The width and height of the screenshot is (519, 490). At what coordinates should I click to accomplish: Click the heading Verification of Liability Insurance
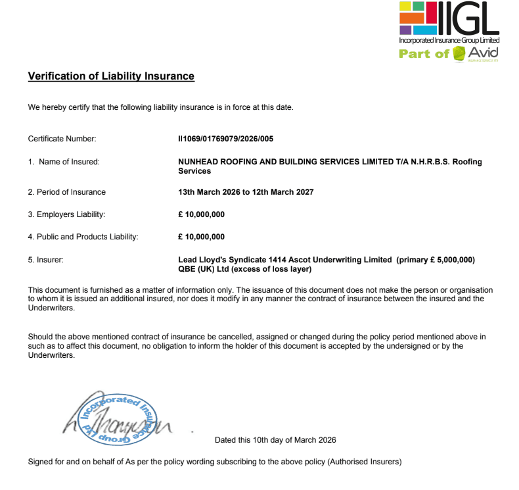point(111,76)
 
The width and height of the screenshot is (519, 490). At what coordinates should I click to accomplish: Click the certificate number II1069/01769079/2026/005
point(225,139)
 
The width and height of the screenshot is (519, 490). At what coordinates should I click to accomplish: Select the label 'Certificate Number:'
point(62,139)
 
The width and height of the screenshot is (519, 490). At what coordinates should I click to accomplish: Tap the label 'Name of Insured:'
point(69,162)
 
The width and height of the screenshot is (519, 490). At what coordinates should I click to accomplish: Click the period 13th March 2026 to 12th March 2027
point(246,192)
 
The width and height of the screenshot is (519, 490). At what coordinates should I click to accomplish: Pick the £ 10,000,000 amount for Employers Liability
point(202,214)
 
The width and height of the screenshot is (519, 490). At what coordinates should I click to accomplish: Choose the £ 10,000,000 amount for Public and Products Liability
point(202,237)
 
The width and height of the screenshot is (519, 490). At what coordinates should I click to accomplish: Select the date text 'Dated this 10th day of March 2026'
point(275,440)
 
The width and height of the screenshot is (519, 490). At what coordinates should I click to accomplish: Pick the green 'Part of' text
point(424,54)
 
